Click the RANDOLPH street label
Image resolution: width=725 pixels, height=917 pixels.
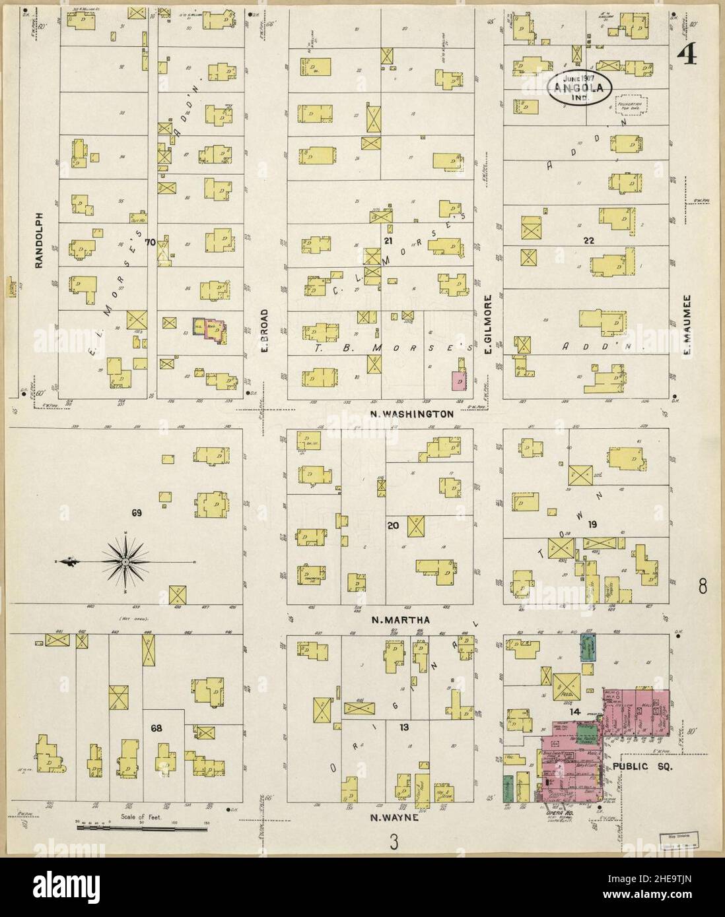click(x=38, y=240)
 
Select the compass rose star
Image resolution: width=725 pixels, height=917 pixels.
click(x=124, y=561)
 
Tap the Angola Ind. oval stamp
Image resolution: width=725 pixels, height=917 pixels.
click(x=578, y=87)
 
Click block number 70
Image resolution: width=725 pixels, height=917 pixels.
click(x=150, y=243)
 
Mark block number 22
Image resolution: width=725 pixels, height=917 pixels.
click(x=588, y=241)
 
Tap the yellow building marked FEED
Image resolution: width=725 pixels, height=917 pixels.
click(x=566, y=687)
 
